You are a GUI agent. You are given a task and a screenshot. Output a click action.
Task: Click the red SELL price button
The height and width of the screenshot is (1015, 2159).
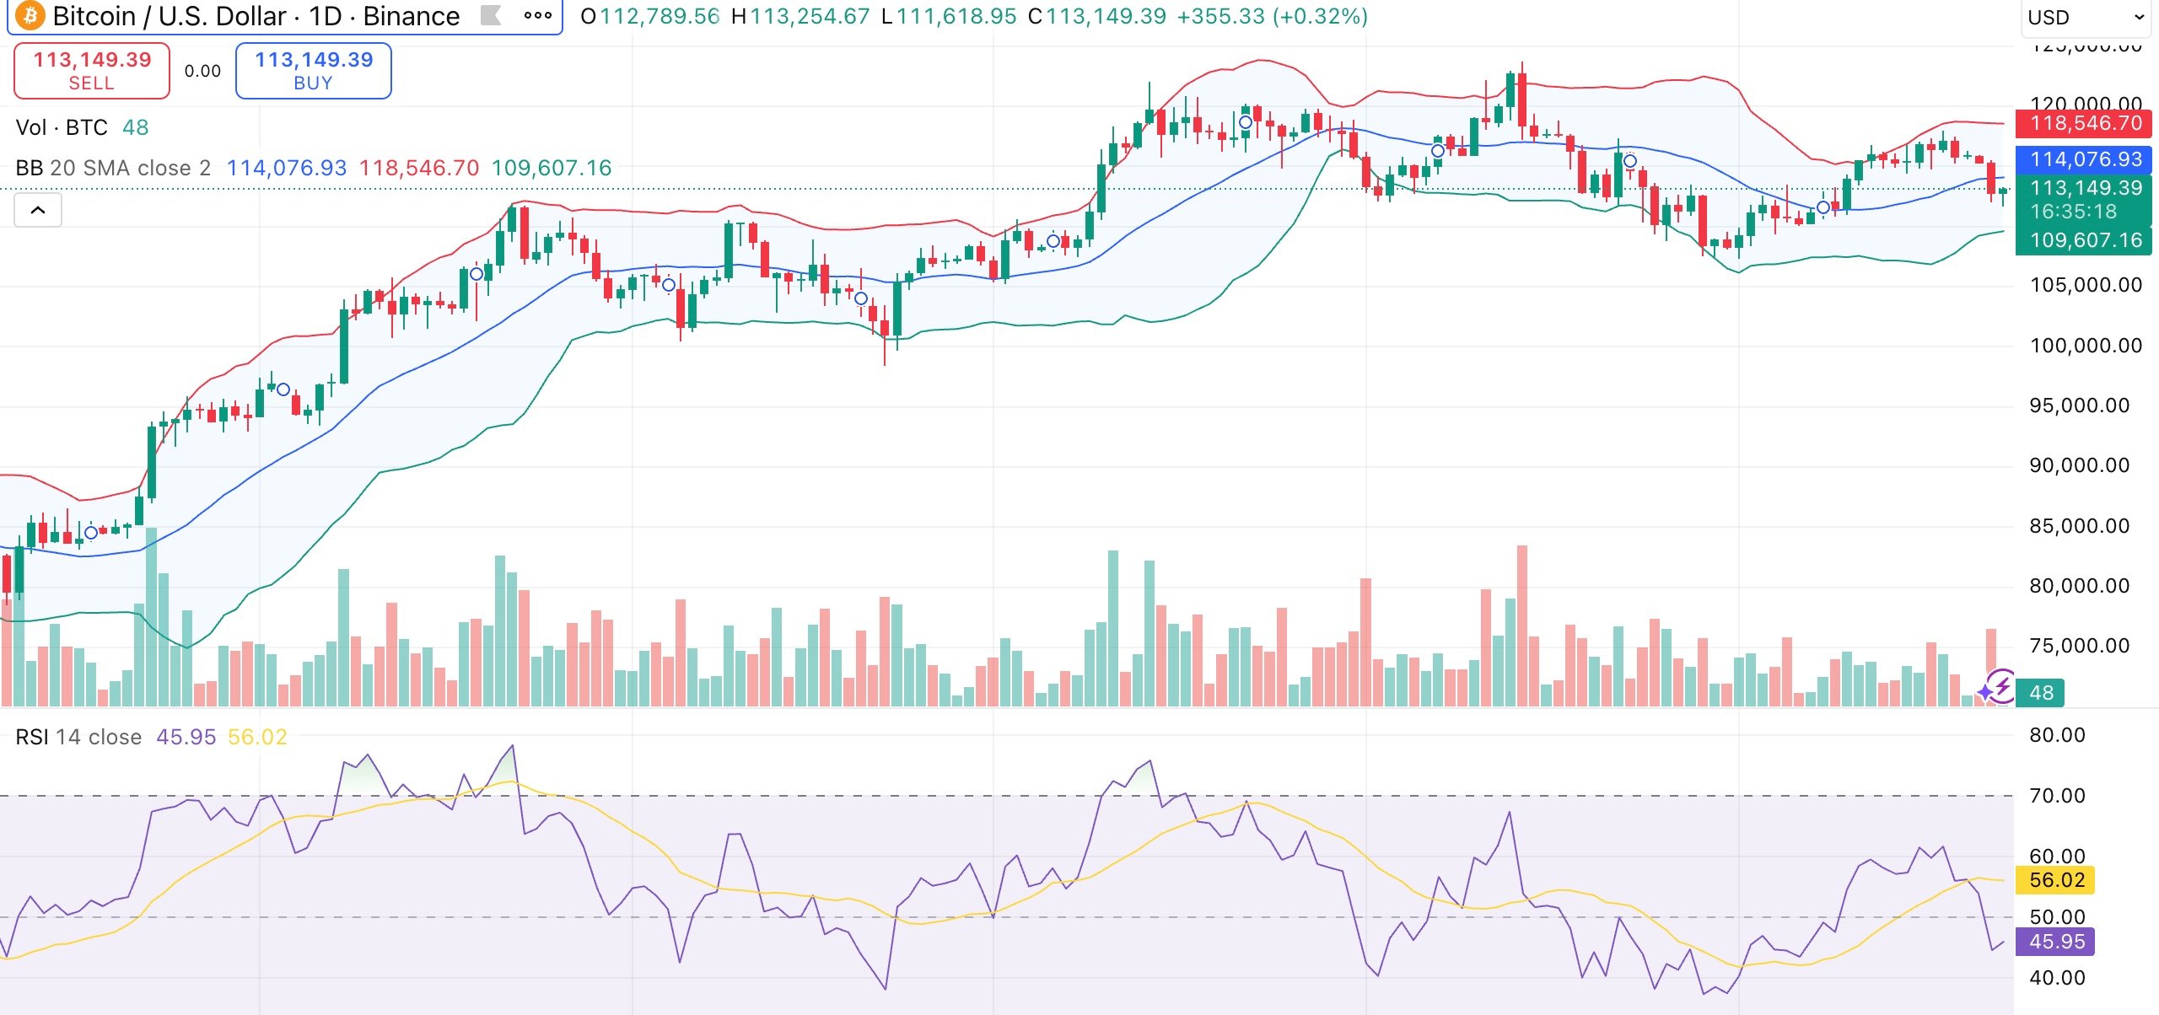point(92,71)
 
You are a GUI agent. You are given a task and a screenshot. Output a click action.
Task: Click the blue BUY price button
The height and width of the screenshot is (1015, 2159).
point(313,71)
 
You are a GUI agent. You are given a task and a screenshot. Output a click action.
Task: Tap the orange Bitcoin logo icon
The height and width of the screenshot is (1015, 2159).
point(30,16)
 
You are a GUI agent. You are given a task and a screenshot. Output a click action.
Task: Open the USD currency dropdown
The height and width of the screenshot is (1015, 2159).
point(2085,18)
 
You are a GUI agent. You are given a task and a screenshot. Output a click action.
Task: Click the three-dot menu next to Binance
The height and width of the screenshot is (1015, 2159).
point(537,16)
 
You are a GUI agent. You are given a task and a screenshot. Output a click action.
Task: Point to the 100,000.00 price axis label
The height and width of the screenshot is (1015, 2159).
point(2086,346)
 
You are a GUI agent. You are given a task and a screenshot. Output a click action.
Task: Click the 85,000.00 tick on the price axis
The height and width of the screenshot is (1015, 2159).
point(2079,526)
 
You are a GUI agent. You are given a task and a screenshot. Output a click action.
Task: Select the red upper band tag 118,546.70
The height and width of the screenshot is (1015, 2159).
point(2084,124)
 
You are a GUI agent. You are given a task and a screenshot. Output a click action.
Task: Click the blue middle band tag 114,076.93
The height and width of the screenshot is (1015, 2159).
point(2084,159)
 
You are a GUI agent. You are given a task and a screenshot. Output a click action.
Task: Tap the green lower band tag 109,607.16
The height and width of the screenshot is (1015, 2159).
point(2084,240)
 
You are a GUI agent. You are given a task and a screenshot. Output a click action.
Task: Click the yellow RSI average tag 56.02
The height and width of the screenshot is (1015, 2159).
point(2056,880)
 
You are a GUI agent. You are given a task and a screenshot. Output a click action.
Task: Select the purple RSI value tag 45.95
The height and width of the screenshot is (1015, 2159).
point(2056,942)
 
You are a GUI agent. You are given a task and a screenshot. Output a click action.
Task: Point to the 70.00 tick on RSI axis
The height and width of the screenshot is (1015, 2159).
point(2057,796)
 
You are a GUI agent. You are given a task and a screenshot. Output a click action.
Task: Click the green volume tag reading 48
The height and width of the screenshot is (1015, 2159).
point(2040,693)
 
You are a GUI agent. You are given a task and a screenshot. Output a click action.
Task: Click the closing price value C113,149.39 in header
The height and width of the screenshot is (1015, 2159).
point(1096,17)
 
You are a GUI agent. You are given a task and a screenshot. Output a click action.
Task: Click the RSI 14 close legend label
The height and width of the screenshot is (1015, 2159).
point(78,738)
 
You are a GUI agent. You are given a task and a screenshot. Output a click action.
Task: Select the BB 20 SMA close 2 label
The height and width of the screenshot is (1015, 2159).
point(113,168)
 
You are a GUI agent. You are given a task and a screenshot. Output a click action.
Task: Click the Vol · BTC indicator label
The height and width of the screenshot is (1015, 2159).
point(62,127)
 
